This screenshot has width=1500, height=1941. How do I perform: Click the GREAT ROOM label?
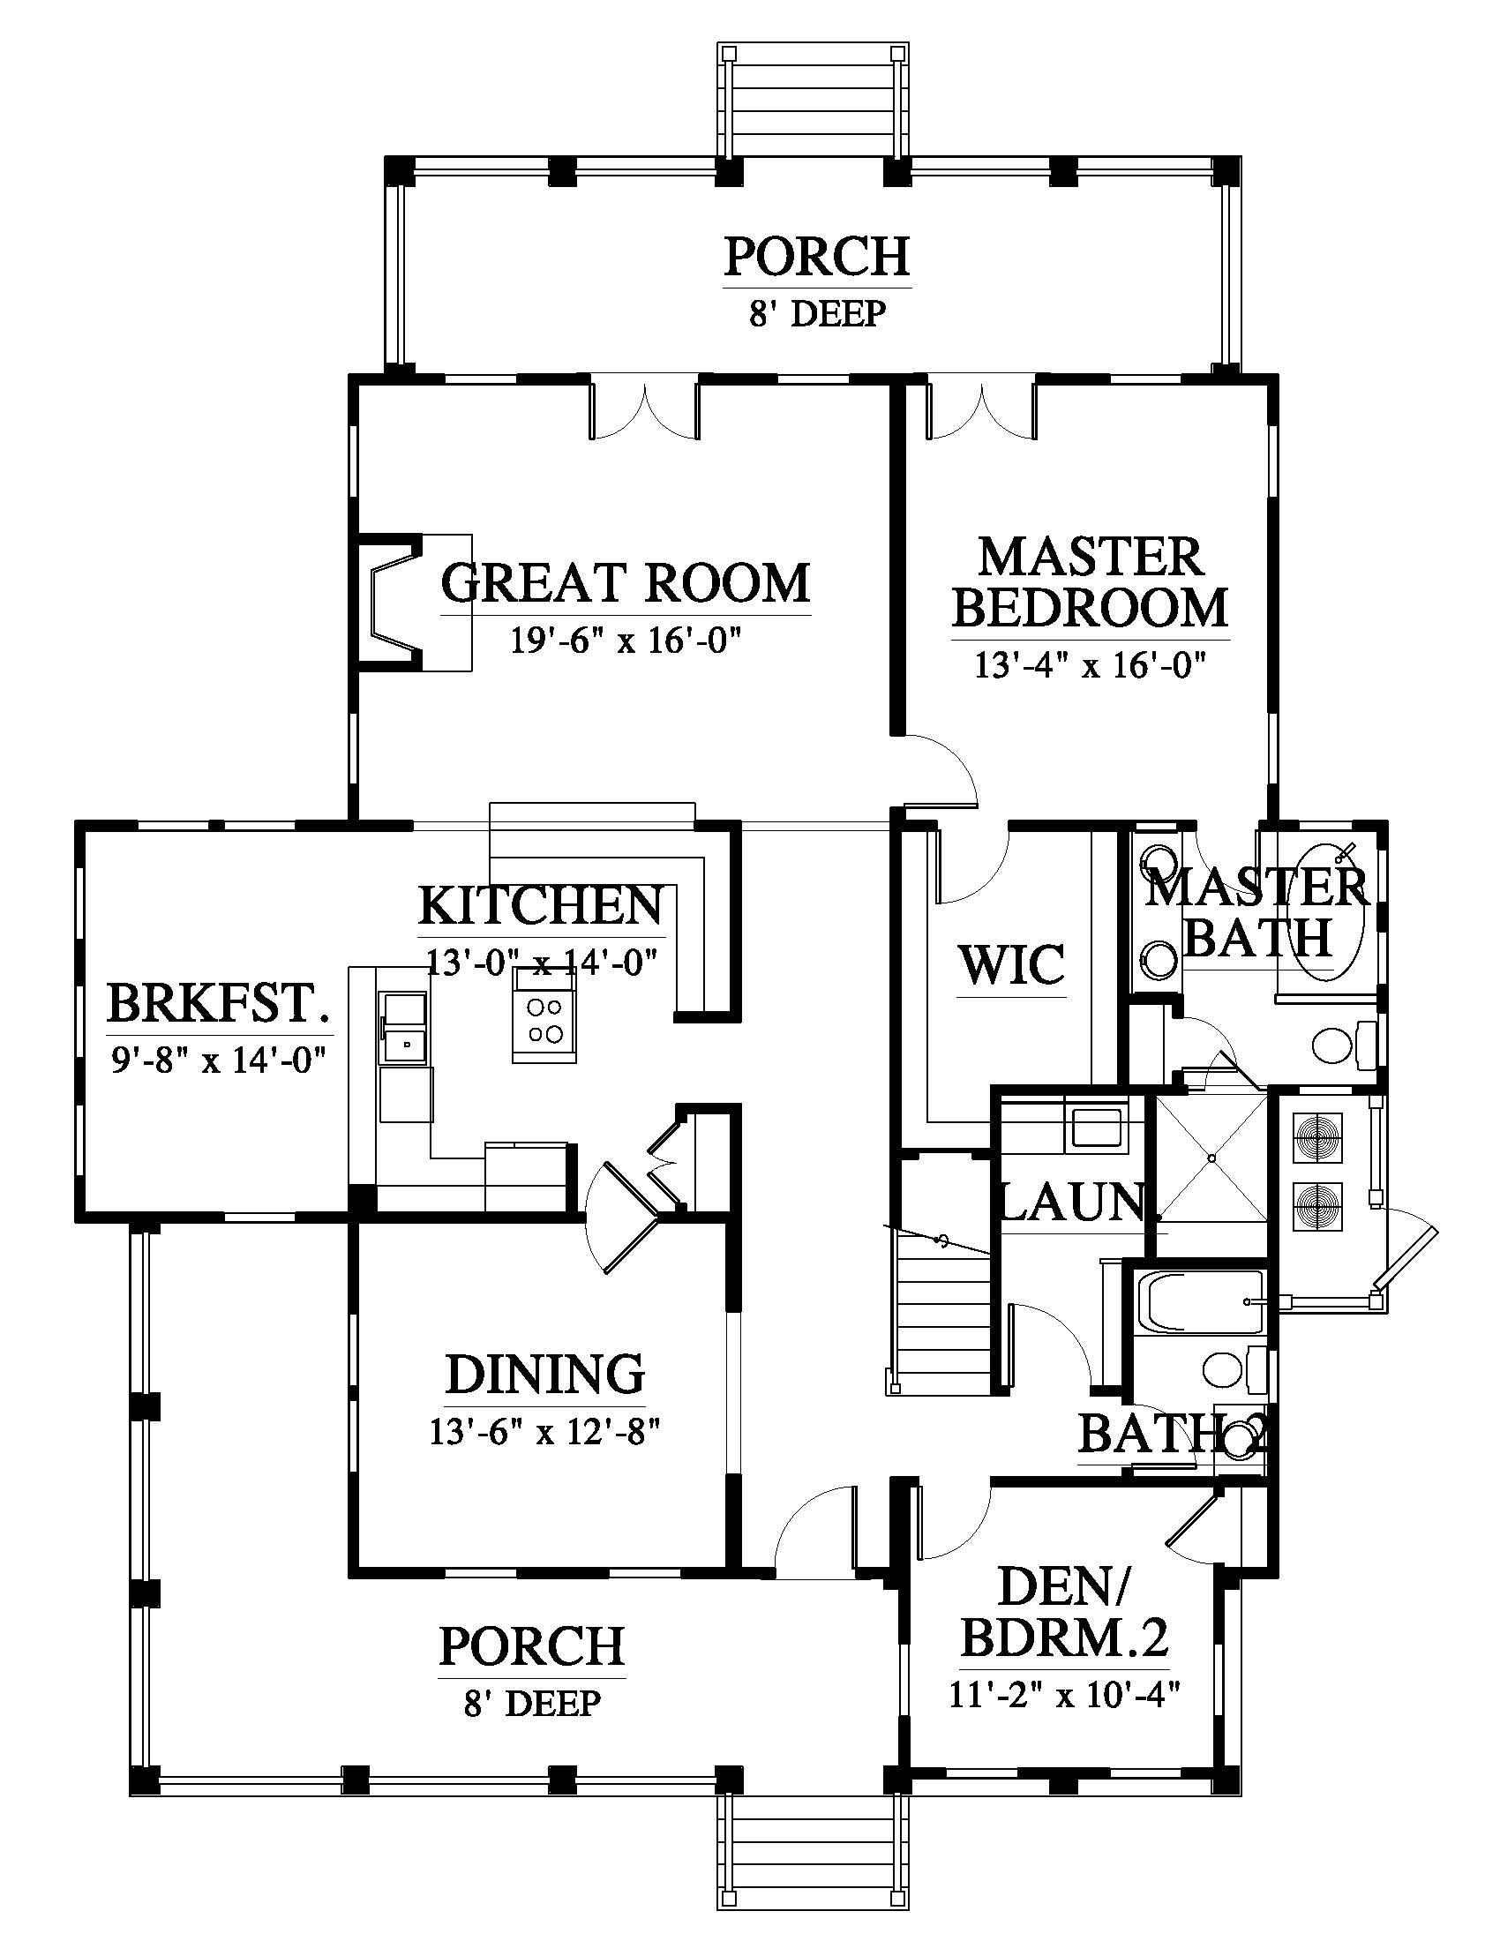point(626,583)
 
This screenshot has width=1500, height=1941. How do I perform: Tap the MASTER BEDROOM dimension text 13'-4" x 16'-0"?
point(1090,665)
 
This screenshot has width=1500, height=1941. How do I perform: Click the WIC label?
point(1011,965)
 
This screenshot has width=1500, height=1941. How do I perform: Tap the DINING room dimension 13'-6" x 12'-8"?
point(544,1433)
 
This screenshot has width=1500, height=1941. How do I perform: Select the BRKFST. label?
point(220,1003)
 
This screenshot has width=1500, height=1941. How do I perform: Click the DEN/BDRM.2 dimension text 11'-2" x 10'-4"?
point(1064,1696)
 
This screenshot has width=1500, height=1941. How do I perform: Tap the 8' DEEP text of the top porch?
point(817,314)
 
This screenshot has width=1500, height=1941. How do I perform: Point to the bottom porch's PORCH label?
point(531,1646)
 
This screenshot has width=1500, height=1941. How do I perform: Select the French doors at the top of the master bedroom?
point(981,408)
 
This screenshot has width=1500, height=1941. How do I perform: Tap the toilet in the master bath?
point(1343,1045)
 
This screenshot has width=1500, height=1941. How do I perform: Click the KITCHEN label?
point(541,905)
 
